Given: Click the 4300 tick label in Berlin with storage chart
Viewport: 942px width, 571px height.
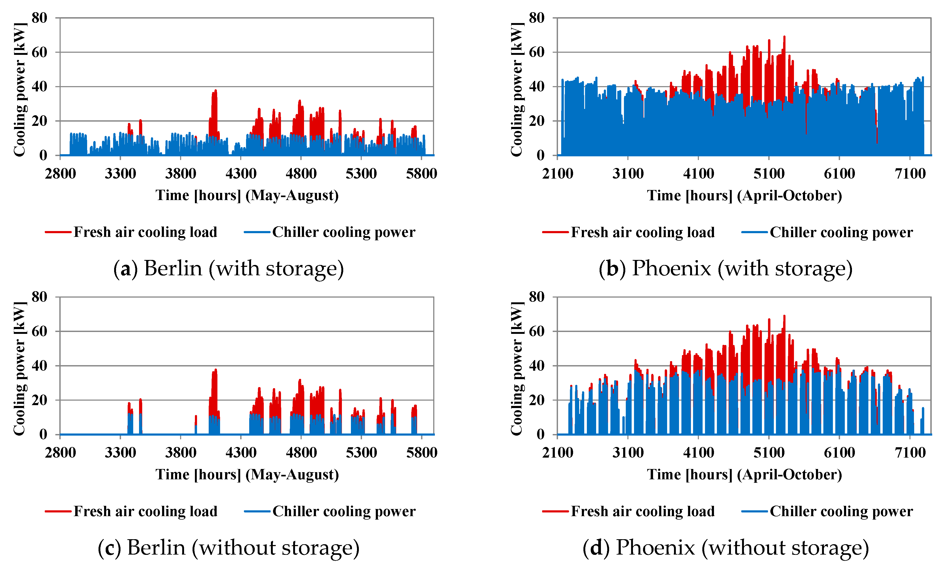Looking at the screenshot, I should click(x=240, y=174).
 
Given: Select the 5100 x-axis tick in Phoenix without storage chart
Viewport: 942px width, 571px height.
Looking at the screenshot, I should click(x=769, y=453).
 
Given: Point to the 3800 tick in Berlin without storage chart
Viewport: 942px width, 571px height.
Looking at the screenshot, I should click(x=180, y=453).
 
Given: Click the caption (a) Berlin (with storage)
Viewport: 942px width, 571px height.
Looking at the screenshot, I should click(x=229, y=268).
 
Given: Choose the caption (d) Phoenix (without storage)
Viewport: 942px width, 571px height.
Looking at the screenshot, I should click(x=726, y=547).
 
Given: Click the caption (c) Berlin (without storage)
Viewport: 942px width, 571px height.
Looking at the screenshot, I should click(x=229, y=547).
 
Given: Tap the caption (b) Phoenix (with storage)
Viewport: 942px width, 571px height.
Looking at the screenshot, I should click(x=726, y=268).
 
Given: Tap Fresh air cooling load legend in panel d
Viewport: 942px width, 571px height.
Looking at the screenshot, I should click(x=642, y=511).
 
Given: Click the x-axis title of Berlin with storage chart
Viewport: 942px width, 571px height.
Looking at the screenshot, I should click(x=247, y=196).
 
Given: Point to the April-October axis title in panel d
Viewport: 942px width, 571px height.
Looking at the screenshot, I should click(x=744, y=475).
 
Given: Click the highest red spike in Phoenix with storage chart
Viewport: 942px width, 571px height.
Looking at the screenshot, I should click(x=784, y=37).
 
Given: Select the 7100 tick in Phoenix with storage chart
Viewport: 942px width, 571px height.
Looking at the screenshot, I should click(x=910, y=174).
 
